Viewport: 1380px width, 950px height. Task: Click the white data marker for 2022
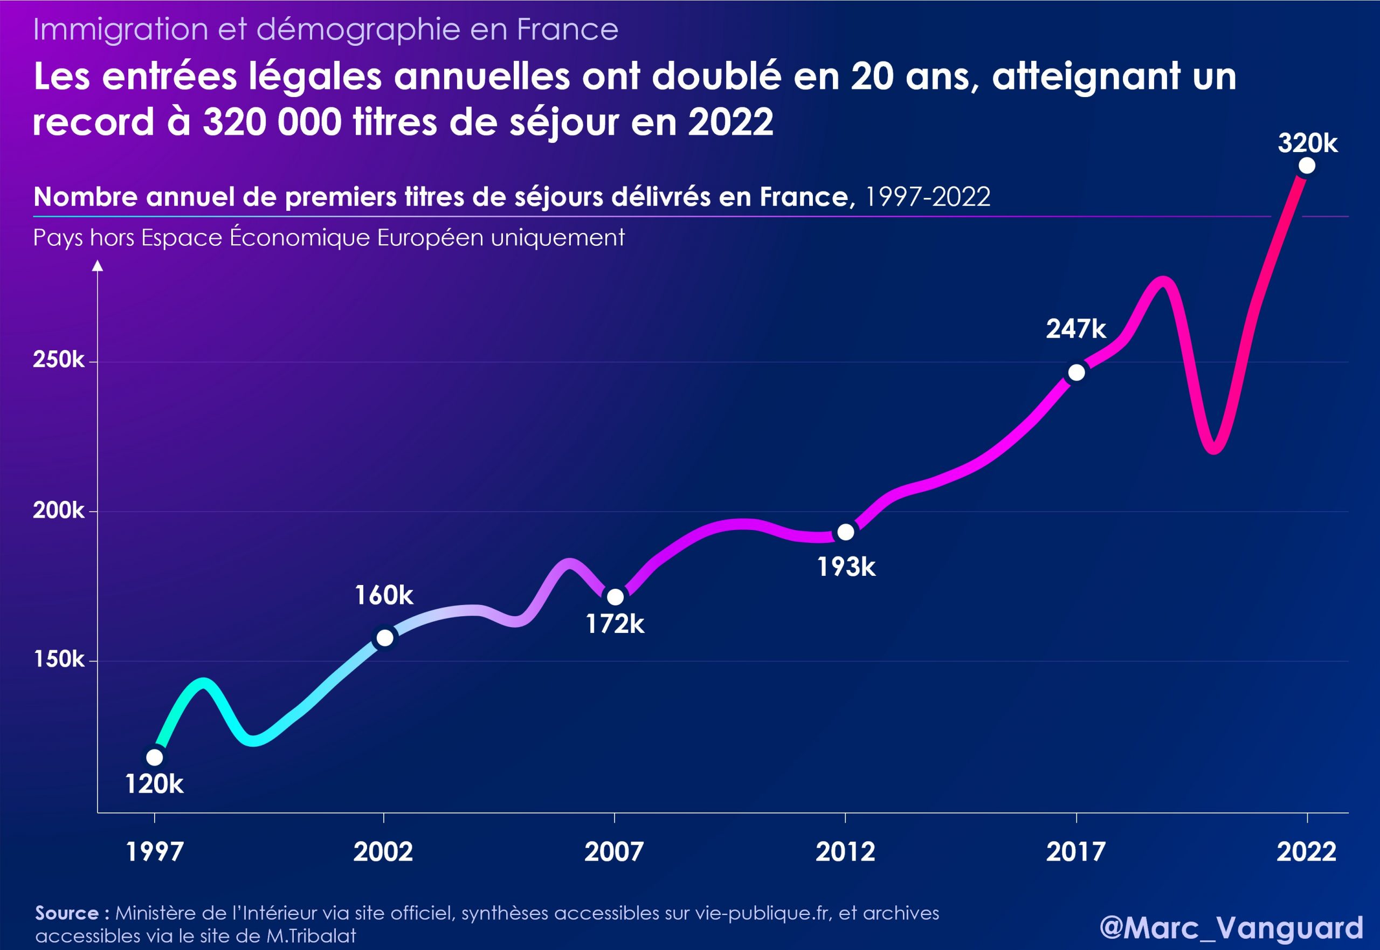(1307, 166)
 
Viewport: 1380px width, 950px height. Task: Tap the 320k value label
(1307, 143)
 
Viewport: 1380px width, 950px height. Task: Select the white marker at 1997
(154, 757)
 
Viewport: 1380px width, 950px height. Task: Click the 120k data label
(154, 784)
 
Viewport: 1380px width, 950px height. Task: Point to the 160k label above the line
(384, 595)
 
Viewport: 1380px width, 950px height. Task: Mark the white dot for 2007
(615, 596)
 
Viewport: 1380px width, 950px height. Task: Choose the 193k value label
(846, 567)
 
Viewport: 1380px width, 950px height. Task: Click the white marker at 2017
(1077, 373)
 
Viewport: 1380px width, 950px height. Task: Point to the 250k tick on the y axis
(58, 360)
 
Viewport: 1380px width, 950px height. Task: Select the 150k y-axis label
(58, 659)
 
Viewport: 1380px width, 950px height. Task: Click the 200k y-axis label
(58, 510)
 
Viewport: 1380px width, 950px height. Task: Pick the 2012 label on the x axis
(845, 852)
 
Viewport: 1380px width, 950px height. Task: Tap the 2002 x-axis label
(383, 852)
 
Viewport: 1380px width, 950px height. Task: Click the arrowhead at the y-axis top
(98, 265)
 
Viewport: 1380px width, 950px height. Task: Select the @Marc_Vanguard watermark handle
(1231, 927)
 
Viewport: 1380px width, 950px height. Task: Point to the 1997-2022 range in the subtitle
(927, 196)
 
